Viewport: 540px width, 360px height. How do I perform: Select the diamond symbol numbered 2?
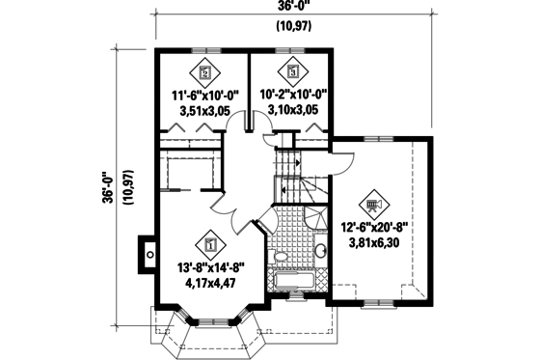203,70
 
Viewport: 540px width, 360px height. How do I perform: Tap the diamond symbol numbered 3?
292,70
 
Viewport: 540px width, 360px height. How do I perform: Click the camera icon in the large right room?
373,205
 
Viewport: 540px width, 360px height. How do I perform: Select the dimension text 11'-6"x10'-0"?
203,95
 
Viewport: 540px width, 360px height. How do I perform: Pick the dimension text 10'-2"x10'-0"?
292,95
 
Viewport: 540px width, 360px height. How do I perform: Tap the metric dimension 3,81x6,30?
373,244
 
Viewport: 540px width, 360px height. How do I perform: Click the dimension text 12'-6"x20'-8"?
373,228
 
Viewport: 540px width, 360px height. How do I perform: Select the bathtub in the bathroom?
291,283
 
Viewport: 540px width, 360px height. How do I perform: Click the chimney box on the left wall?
147,255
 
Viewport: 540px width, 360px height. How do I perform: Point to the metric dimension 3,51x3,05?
203,112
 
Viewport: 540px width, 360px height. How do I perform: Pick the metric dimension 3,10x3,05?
292,112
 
